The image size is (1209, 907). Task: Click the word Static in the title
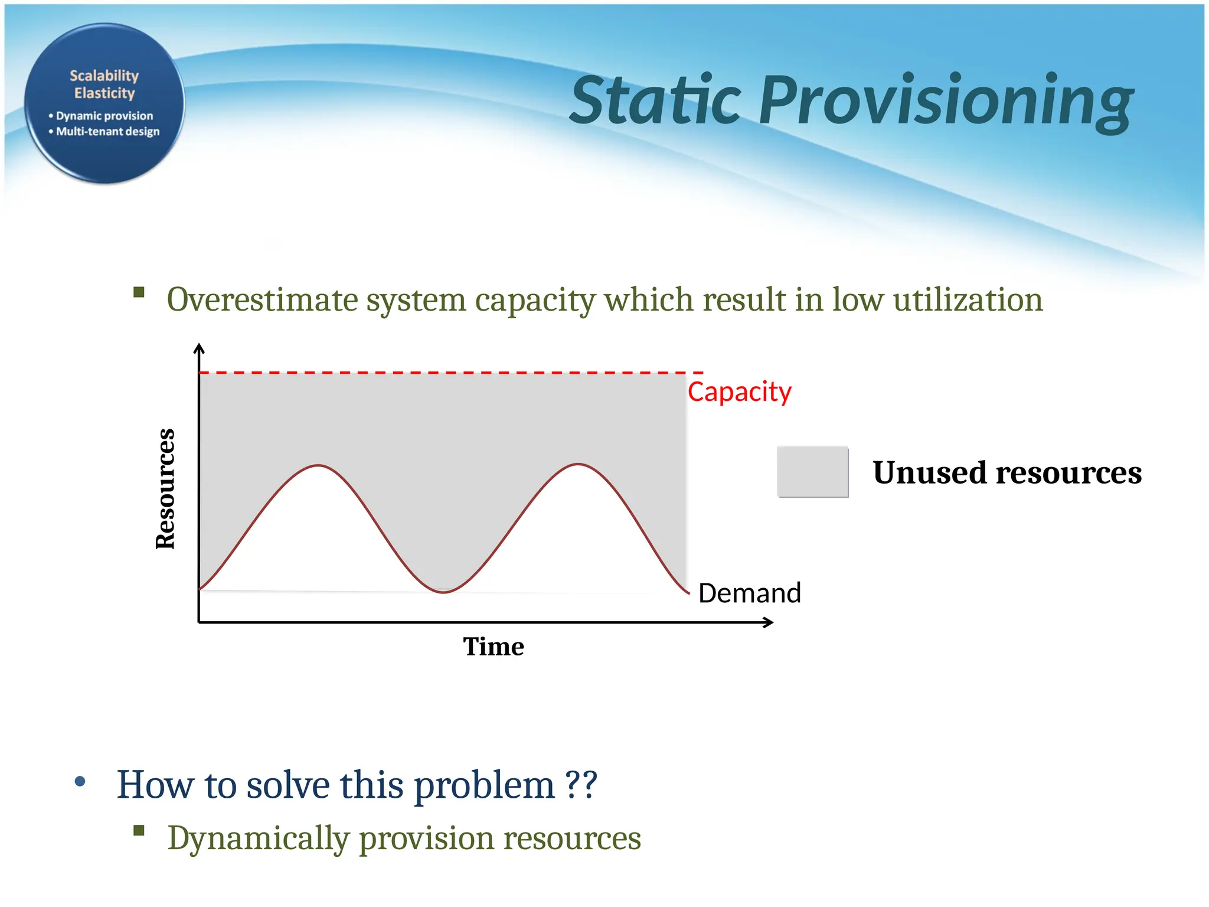[x=655, y=100]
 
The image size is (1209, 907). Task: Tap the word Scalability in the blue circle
[x=104, y=76]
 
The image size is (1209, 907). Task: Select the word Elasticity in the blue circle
[x=104, y=93]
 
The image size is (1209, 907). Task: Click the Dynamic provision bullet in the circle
[x=104, y=116]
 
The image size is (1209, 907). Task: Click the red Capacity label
[x=739, y=391]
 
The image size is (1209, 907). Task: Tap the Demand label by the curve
[x=749, y=593]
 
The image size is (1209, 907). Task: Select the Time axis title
[x=493, y=647]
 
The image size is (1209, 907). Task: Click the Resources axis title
[x=165, y=489]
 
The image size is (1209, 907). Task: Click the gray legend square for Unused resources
[x=812, y=472]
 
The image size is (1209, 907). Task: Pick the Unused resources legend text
[x=1007, y=472]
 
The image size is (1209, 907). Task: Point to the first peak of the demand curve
[x=319, y=466]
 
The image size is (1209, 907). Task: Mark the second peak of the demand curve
[x=579, y=465]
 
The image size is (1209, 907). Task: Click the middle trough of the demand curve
[x=444, y=592]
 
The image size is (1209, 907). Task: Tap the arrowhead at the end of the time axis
[x=769, y=622]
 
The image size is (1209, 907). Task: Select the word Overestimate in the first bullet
[x=262, y=299]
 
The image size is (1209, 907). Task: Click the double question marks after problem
[x=581, y=785]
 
